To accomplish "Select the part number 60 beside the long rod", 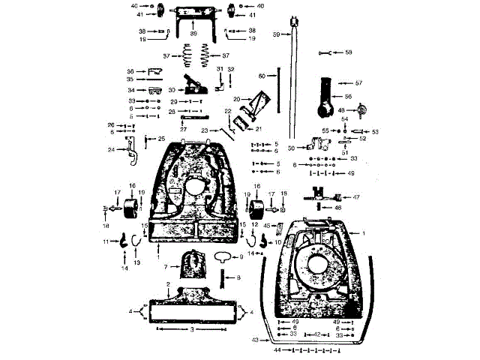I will click(262, 76).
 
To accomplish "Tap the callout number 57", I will click(358, 82).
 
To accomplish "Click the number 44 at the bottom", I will click(277, 350).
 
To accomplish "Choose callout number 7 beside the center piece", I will click(165, 267).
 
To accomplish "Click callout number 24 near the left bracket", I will click(112, 149).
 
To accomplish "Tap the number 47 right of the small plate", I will click(357, 197).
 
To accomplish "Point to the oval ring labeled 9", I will click(223, 256).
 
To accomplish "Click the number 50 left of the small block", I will click(291, 148).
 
